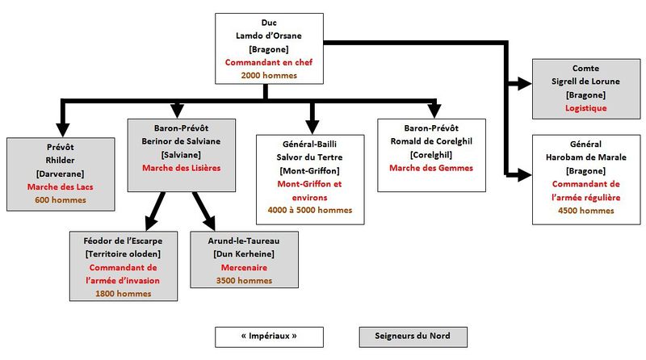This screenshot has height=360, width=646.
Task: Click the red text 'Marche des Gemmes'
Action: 430,168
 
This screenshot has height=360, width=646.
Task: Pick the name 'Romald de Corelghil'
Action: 430,141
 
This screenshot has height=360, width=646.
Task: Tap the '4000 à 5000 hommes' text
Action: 311,211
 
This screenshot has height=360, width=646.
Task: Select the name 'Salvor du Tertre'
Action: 311,158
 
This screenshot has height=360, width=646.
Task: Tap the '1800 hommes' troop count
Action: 124,293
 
